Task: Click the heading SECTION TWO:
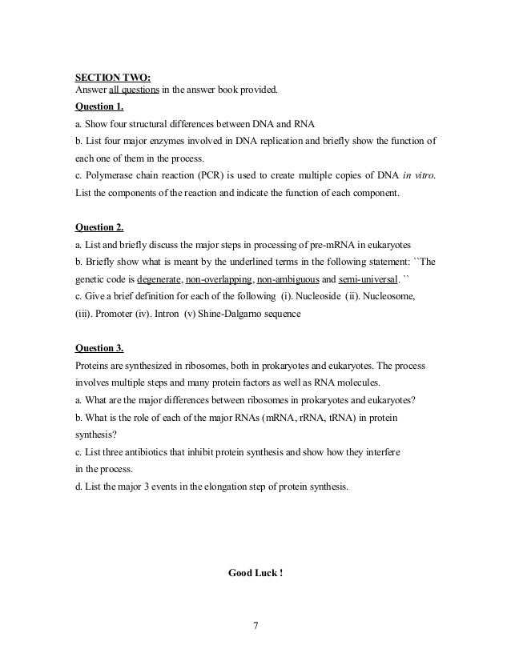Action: point(107,78)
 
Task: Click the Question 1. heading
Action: point(99,106)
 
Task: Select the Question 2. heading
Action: point(99,226)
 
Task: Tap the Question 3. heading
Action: point(99,348)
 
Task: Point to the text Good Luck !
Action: point(255,572)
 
